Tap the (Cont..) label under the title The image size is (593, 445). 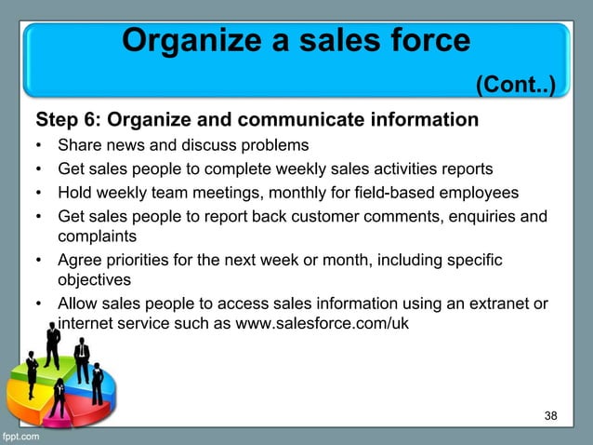tap(515, 87)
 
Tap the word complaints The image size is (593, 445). tap(97, 236)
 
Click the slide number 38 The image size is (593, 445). tap(551, 415)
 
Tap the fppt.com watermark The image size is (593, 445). tap(20, 437)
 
